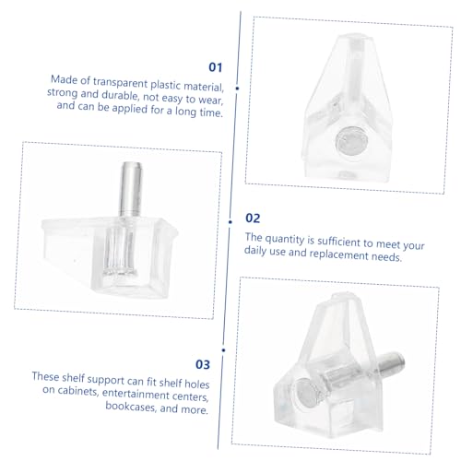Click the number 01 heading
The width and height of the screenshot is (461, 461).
215,67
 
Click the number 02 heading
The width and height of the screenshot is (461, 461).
253,218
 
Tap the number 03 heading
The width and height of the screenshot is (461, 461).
203,364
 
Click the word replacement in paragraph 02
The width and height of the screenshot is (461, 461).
338,254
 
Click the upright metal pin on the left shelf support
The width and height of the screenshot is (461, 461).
130,189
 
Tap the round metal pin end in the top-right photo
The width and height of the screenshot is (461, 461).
351,141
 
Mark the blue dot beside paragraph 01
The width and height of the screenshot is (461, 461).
237,89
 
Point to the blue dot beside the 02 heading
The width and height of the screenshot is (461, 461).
230,221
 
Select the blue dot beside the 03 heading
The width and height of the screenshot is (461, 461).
223,350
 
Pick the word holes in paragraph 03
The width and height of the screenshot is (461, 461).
196,384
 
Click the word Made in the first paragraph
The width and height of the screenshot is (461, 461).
64,79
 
